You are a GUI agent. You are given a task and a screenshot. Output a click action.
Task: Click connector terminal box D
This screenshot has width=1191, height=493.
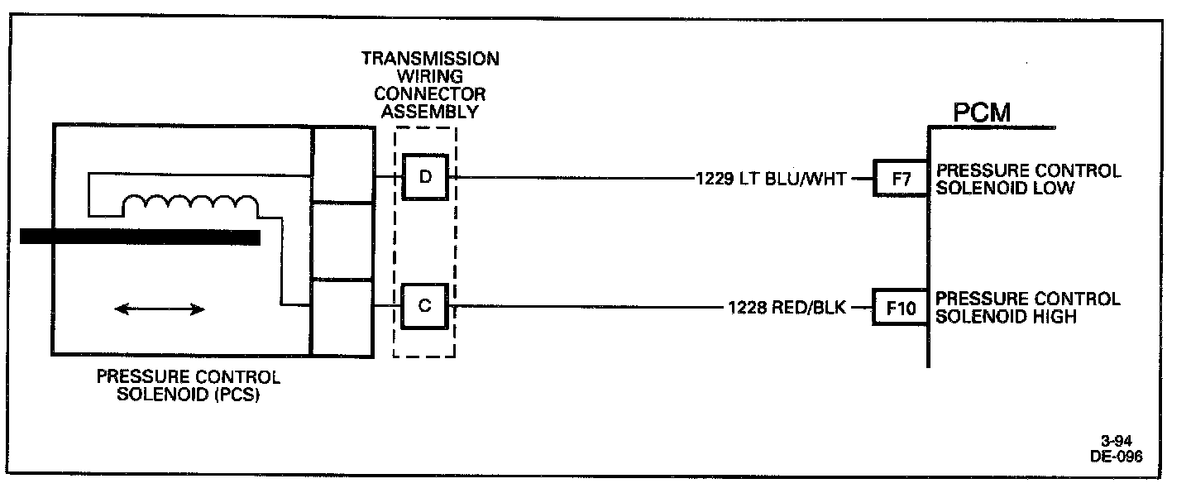pos(424,177)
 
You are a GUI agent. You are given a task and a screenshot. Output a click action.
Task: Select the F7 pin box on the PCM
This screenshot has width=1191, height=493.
pos(895,179)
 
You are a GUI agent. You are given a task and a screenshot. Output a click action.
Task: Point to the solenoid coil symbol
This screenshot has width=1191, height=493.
pos(189,206)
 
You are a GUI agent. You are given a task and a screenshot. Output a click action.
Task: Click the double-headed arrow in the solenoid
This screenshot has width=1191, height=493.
pos(160,309)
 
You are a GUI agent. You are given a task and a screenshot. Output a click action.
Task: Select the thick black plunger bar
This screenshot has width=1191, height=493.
pos(140,237)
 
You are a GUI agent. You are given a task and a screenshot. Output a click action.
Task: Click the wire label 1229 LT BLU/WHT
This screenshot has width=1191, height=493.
pos(772,178)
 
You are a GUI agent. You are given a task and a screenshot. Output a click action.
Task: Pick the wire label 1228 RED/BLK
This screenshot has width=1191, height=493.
pos(787,308)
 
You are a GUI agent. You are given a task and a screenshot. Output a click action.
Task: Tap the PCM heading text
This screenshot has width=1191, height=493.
pos(982,112)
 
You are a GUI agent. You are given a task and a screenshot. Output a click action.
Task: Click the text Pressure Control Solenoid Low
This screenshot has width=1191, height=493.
pos(1028,179)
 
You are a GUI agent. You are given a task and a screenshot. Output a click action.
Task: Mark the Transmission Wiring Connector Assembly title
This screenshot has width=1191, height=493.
pos(429,85)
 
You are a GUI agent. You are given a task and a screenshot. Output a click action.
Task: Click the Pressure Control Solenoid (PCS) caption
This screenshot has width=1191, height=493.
pos(189,385)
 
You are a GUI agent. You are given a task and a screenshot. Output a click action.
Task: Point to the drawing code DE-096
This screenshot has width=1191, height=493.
pos(1117,457)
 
